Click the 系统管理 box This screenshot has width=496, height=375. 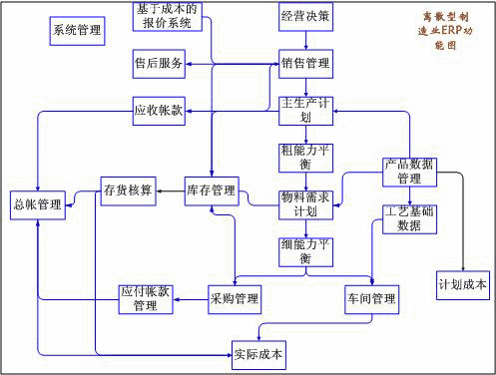click(x=76, y=30)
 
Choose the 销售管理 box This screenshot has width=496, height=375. click(x=305, y=64)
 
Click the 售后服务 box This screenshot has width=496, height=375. click(x=159, y=64)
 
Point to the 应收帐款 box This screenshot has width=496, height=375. click(x=159, y=110)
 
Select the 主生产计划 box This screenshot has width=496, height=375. click(x=305, y=110)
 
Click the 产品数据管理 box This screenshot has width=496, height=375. click(x=410, y=172)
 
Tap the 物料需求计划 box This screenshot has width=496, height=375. click(x=305, y=203)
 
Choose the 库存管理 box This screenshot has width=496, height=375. click(x=211, y=189)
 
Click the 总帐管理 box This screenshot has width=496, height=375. click(x=38, y=204)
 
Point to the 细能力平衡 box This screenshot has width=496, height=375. click(x=305, y=250)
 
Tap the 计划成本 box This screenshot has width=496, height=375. click(x=462, y=284)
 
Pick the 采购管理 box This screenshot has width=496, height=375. click(x=235, y=297)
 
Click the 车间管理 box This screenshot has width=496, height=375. click(x=371, y=297)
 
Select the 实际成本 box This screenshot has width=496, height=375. click(x=257, y=352)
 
